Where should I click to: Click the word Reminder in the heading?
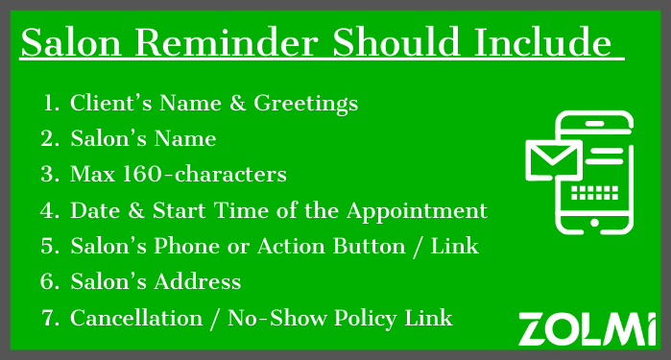point(228,44)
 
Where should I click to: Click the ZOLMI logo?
point(587,328)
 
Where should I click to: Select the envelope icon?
point(552,159)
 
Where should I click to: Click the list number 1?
point(51,104)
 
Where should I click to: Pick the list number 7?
point(51,318)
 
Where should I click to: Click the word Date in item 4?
point(92,210)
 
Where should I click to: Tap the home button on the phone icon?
point(595,223)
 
